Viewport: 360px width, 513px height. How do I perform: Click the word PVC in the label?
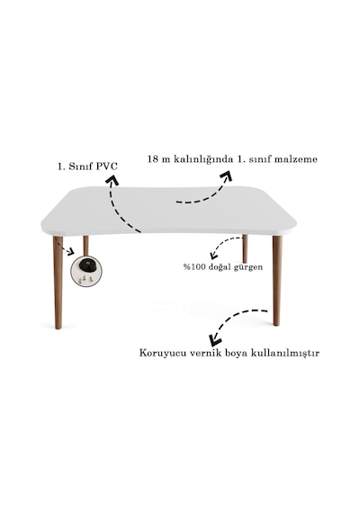106,166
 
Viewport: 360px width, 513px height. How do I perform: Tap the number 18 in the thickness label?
153,159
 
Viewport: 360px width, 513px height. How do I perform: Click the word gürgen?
248,267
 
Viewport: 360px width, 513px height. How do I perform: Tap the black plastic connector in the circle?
86,265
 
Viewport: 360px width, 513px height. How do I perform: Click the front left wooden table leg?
58,282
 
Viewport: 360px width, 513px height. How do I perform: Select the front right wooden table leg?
277,281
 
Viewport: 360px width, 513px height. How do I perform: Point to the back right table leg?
245,248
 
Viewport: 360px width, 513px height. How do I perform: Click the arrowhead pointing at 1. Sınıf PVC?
112,180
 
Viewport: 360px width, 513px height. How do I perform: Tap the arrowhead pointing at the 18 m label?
226,175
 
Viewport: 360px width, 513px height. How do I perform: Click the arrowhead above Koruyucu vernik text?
216,339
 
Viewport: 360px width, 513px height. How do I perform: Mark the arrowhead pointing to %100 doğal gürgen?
213,255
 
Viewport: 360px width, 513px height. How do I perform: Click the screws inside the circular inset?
86,279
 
